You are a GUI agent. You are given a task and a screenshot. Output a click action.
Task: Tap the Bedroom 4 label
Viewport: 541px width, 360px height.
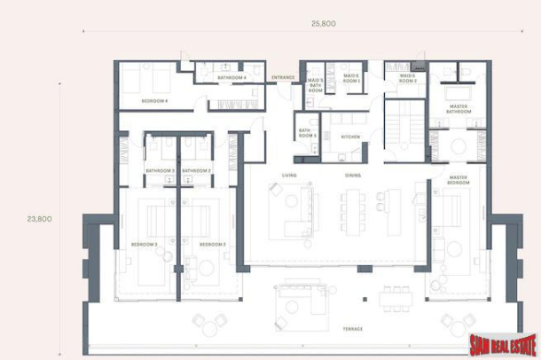(154, 102)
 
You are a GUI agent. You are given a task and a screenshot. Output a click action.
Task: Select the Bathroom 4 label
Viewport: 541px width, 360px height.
(231, 78)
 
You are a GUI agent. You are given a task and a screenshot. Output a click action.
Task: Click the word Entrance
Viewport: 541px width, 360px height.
(284, 78)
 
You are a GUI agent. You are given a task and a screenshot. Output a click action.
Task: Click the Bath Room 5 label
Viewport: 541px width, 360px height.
(307, 133)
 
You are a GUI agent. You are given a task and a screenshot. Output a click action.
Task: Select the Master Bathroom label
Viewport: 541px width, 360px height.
(459, 109)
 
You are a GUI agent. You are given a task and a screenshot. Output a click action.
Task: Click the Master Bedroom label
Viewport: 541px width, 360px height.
(459, 180)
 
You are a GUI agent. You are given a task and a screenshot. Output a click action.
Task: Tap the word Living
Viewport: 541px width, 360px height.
(289, 175)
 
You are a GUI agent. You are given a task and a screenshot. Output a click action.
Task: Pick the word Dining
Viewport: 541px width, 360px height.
(353, 175)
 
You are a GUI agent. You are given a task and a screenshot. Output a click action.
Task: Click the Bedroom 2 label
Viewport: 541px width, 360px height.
(212, 244)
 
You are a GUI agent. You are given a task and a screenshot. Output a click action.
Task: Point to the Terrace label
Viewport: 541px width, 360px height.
(353, 327)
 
